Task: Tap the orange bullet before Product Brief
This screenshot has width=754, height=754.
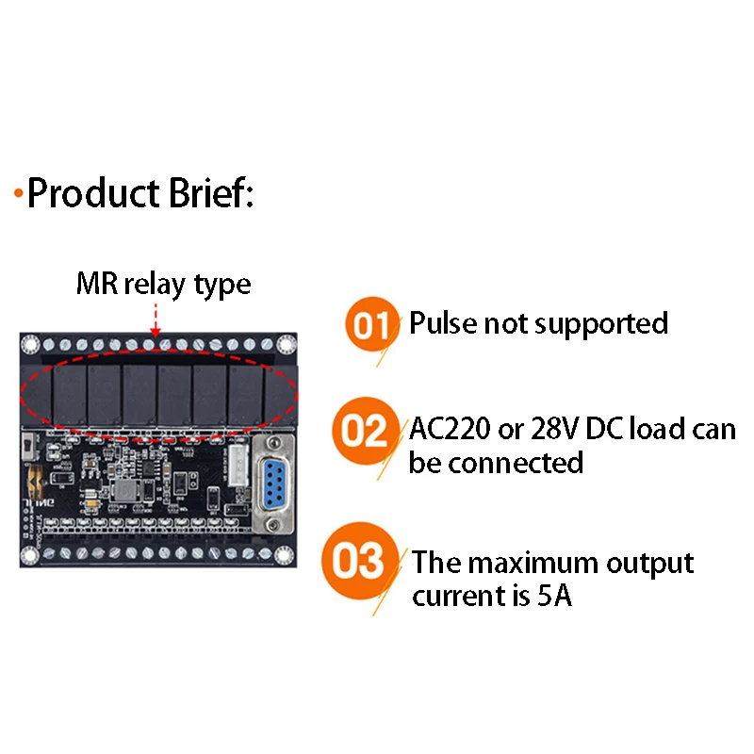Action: (18, 193)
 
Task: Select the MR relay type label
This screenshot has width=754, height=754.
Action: (163, 284)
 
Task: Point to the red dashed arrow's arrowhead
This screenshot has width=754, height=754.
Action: (156, 332)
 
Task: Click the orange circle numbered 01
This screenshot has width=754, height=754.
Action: (371, 324)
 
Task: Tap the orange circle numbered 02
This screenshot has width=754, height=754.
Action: (366, 431)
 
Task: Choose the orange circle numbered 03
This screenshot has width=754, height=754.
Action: (361, 561)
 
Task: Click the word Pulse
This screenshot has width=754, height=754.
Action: (442, 322)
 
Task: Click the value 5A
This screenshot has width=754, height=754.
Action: (554, 596)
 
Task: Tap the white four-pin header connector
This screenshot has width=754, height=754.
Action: (238, 466)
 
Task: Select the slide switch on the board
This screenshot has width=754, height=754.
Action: (29, 447)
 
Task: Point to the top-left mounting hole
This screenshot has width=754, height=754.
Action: (30, 344)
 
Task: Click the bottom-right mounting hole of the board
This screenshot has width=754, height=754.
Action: (284, 555)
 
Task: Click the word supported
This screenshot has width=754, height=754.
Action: (601, 324)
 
